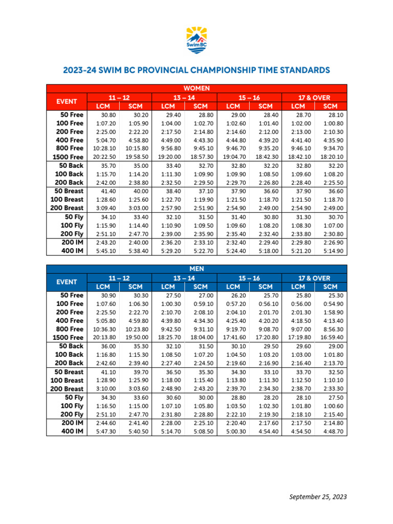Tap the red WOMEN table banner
(x=196, y=88)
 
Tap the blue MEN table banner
(x=196, y=269)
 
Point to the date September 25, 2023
(x=318, y=497)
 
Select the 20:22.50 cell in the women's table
(x=104, y=157)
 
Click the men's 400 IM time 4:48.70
(x=333, y=431)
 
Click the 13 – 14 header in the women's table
(x=184, y=97)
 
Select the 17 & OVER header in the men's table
(x=314, y=277)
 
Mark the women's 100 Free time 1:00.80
(x=333, y=123)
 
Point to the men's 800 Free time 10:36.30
(x=104, y=329)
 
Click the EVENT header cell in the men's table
(x=67, y=281)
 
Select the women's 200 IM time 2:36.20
(x=170, y=242)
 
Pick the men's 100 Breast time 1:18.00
(x=170, y=380)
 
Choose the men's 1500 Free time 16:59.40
(x=333, y=337)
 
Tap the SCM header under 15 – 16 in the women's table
(x=265, y=106)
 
